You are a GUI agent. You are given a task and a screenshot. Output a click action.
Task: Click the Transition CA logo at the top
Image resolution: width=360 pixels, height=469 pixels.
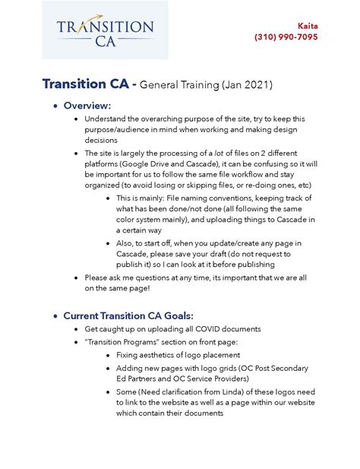coord(105,30)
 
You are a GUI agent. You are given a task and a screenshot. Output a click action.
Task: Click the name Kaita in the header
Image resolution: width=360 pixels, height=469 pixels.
coord(308,25)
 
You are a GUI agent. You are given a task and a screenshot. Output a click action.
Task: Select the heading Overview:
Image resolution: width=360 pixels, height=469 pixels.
coord(87,105)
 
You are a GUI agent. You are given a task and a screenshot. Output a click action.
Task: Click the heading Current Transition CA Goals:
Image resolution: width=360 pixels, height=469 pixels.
coord(128,315)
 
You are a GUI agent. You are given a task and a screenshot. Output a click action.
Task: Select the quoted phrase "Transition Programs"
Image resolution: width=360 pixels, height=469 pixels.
coord(122,342)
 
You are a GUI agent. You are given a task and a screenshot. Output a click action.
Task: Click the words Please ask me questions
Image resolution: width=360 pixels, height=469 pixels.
coord(129,278)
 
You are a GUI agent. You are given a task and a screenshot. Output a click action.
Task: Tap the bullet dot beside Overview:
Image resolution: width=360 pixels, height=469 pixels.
coord(55,106)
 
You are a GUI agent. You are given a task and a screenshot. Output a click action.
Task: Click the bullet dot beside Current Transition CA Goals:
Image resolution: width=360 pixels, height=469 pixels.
coord(55,315)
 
